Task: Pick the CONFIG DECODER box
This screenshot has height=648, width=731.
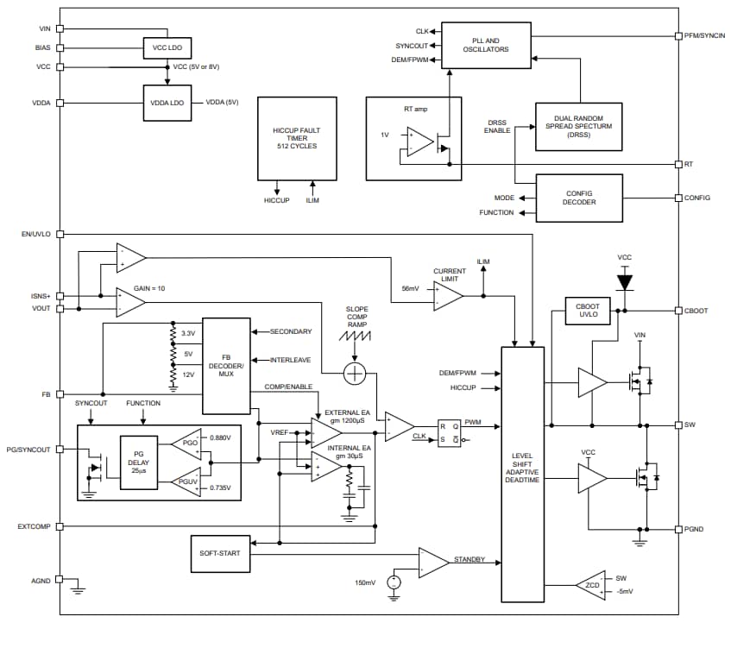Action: coord(578,198)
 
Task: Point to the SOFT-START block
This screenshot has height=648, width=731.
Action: coord(219,553)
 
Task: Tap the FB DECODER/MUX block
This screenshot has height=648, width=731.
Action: coord(225,365)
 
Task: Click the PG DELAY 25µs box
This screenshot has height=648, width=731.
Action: coord(138,462)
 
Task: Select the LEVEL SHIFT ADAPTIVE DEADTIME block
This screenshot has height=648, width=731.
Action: coord(522,475)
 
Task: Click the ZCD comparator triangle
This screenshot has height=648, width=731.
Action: coord(591,585)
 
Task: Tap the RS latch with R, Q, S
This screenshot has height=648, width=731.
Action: coord(450,431)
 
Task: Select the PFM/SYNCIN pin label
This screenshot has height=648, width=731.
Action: coord(704,36)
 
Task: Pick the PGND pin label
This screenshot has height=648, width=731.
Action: coord(696,529)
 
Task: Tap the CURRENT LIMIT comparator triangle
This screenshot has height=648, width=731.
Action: coord(448,296)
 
